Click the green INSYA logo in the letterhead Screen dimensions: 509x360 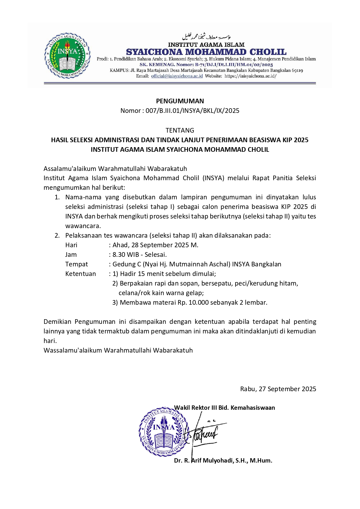pyautogui.click(x=67, y=56)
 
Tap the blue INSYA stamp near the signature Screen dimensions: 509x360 pyautogui.click(x=164, y=431)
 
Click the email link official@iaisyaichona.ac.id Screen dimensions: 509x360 pyautogui.click(x=177, y=76)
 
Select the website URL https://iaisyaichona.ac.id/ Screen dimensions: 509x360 pyautogui.click(x=250, y=76)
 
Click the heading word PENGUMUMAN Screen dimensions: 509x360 pyautogui.click(x=180, y=101)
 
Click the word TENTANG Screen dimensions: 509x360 pyautogui.click(x=180, y=130)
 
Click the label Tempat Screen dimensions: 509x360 pyautogui.click(x=77, y=264)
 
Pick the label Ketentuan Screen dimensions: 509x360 pyautogui.click(x=81, y=274)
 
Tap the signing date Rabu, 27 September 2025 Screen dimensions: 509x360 pyautogui.click(x=278, y=389)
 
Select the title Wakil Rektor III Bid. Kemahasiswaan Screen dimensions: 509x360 pyautogui.click(x=225, y=407)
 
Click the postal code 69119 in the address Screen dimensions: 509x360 pyautogui.click(x=297, y=70)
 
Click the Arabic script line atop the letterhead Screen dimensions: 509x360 pyautogui.click(x=206, y=37)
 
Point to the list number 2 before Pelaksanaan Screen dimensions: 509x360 pyautogui.click(x=57, y=235)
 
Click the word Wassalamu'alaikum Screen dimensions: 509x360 pyautogui.click(x=73, y=350)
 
